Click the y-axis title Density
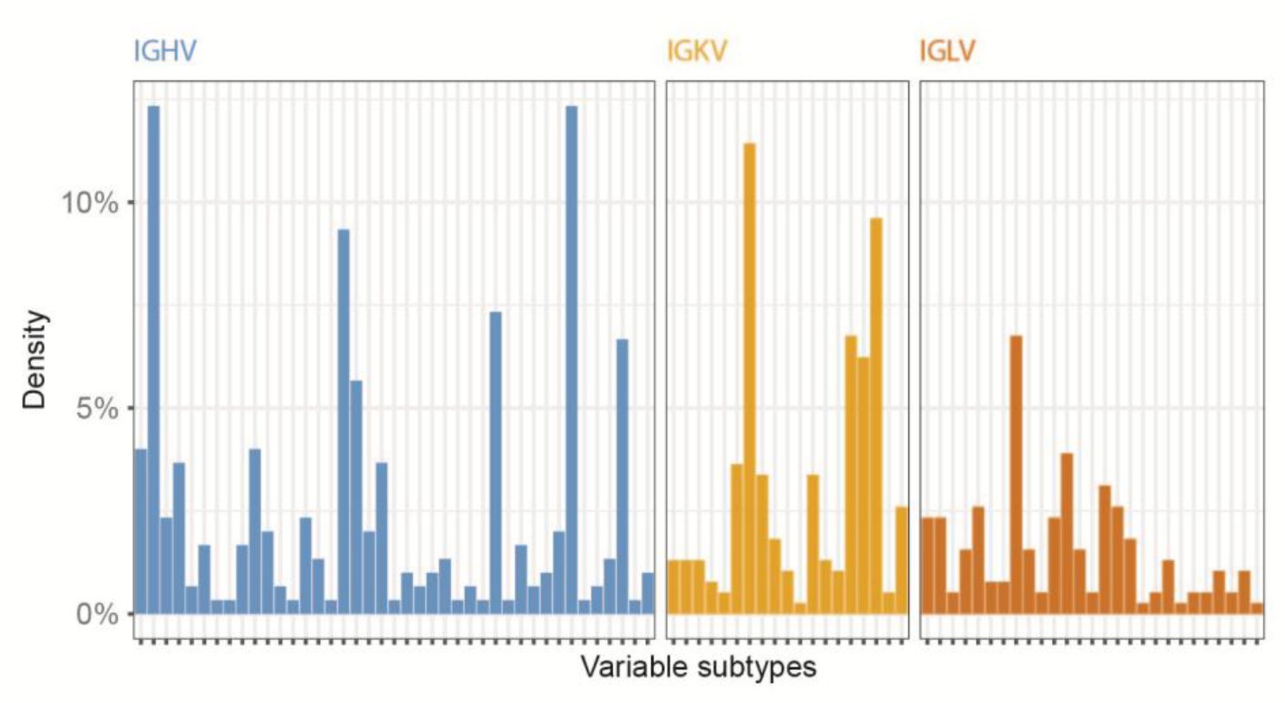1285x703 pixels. (x=36, y=360)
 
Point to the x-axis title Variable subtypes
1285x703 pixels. (x=698, y=668)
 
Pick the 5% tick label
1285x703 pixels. (x=96, y=409)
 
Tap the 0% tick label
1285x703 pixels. (x=96, y=614)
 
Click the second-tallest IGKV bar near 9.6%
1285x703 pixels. (x=876, y=416)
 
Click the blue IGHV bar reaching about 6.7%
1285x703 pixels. (x=622, y=476)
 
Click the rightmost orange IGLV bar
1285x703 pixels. (x=1257, y=608)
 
